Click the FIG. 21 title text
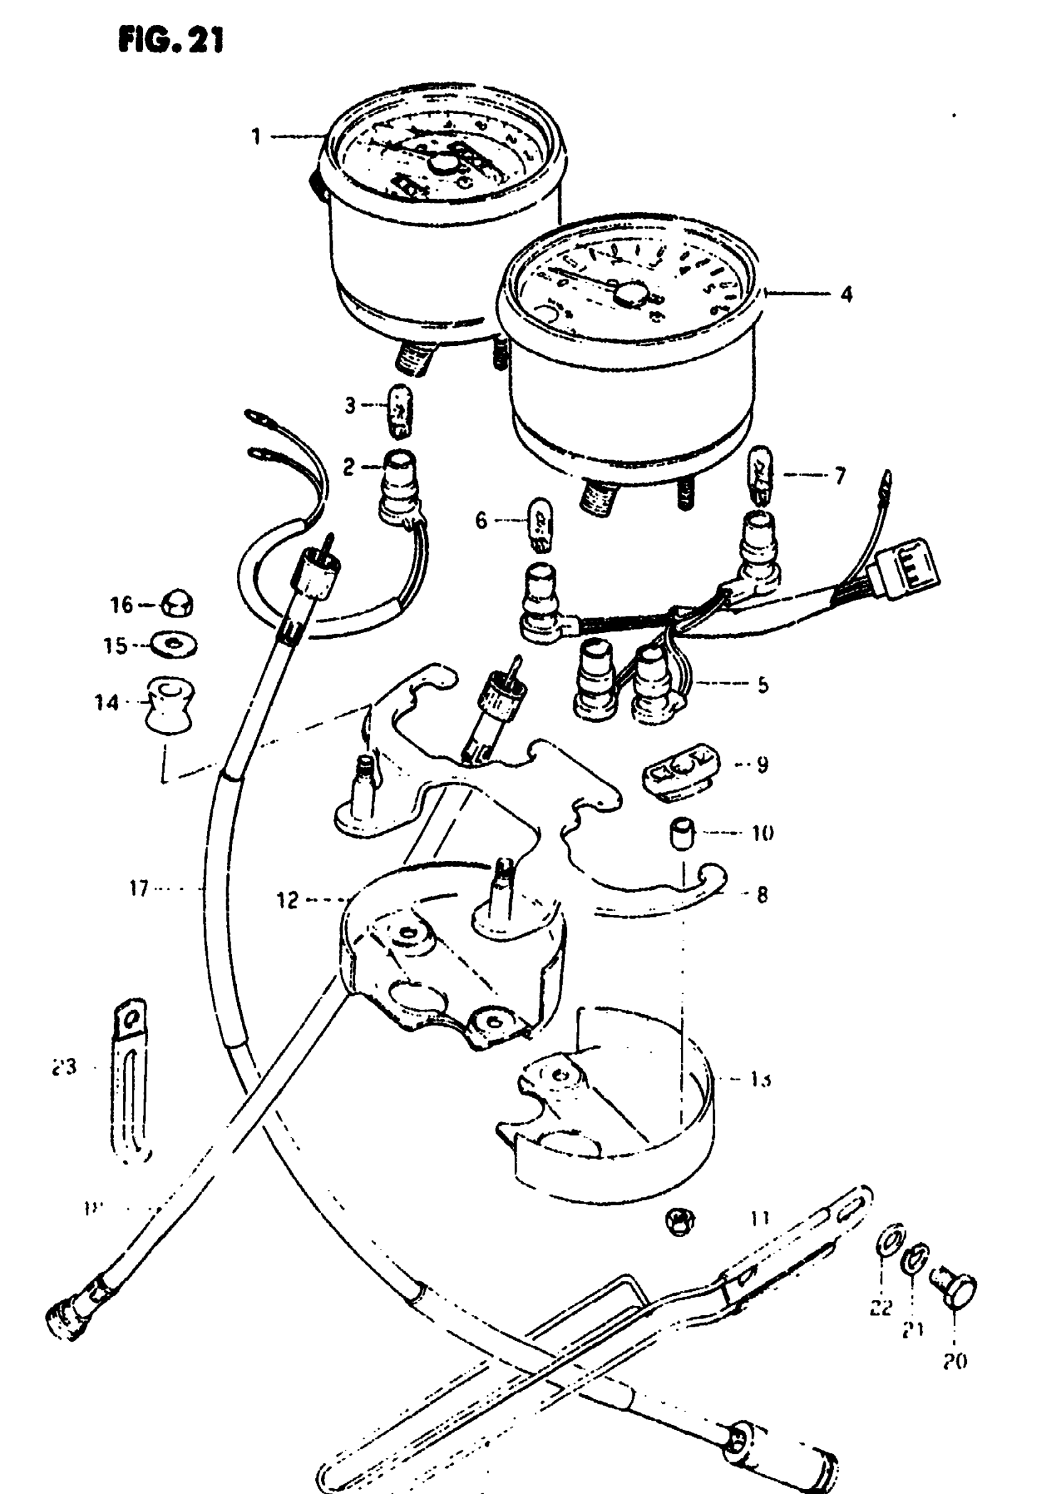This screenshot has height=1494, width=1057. click(x=170, y=40)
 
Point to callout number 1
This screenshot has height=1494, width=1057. click(x=256, y=137)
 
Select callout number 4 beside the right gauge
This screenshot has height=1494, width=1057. click(x=846, y=294)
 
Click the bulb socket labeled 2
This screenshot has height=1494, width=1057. click(x=400, y=489)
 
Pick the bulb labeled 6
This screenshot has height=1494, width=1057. click(x=540, y=521)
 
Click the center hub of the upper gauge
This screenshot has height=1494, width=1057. click(x=443, y=165)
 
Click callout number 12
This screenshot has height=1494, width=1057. click(x=288, y=901)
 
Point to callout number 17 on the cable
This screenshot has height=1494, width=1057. click(x=139, y=888)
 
